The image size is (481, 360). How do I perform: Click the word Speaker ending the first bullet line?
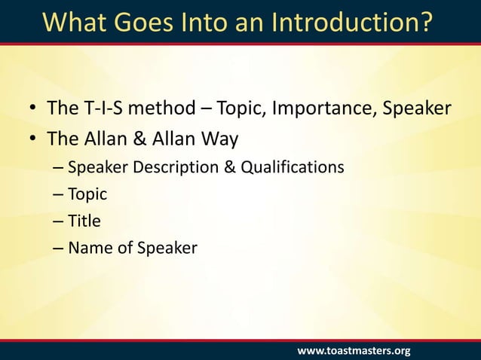point(417,109)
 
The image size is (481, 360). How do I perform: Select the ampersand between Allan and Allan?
point(136,139)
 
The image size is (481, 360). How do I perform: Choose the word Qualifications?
point(293,166)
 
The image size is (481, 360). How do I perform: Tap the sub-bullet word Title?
point(84,221)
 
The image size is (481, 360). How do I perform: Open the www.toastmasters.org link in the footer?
point(354,351)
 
